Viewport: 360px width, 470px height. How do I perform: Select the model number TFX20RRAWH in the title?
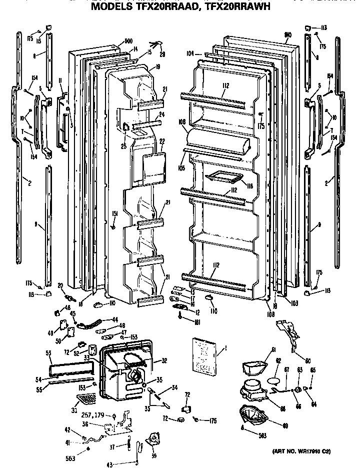(x=232, y=7)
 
